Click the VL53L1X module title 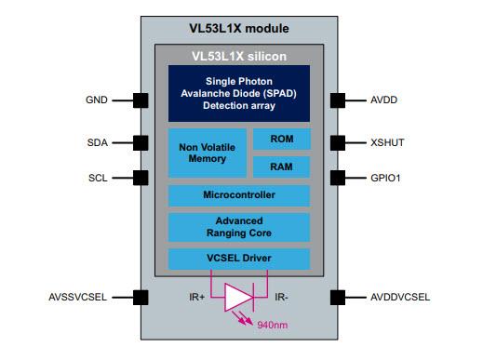click(x=238, y=28)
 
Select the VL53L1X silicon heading click(x=238, y=56)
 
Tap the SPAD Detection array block click(x=238, y=92)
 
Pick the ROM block click(x=281, y=140)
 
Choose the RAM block click(x=281, y=167)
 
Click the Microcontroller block click(x=238, y=195)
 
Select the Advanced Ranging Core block click(x=238, y=227)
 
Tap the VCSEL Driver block click(x=238, y=258)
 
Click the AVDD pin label click(x=385, y=100)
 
